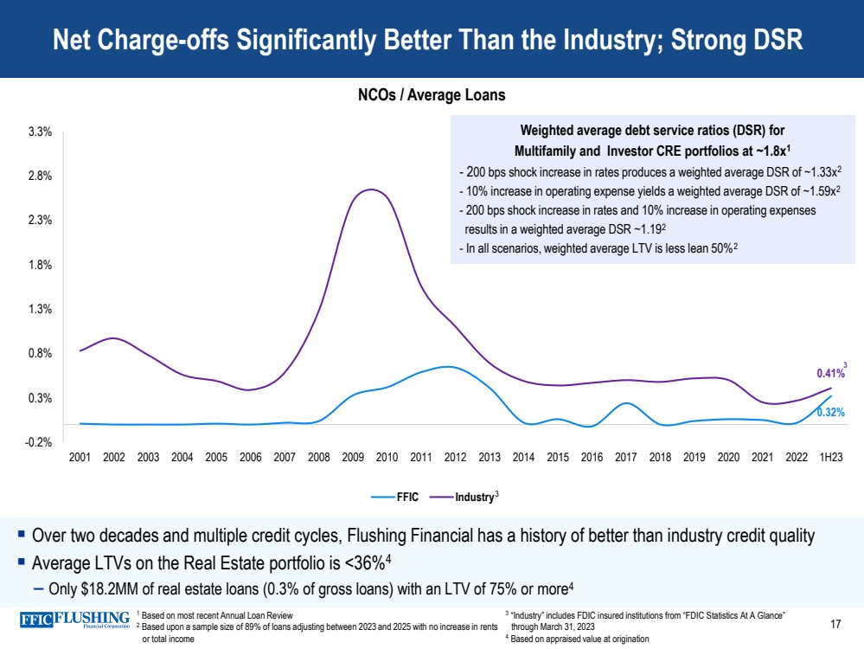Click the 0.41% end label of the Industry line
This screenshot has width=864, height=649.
coord(829,374)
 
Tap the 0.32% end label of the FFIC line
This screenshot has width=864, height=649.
coord(830,413)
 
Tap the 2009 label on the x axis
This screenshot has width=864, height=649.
coord(353,457)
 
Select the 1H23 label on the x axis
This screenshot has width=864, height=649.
coord(831,457)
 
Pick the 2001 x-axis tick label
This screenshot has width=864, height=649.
coord(80,457)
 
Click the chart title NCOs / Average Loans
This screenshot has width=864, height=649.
coord(432,95)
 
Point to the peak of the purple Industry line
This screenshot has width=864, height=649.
coord(370,190)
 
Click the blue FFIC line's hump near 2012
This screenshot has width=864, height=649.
coord(446,367)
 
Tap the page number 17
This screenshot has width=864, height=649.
coord(835,624)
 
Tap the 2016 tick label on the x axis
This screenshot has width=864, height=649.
coord(592,457)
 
